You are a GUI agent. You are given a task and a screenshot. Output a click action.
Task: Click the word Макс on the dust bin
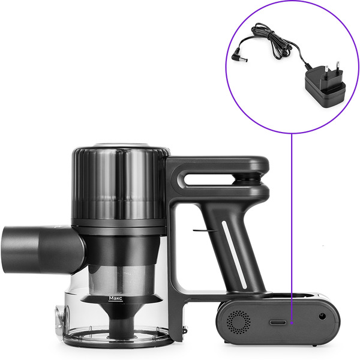tap(115, 298)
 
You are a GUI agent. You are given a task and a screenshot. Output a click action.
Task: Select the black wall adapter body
tap(325, 86)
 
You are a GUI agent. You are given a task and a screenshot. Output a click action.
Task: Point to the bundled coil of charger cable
tap(272, 41)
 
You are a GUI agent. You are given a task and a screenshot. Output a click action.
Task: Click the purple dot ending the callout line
tap(292, 323)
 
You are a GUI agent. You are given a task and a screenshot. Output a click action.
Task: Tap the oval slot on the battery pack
tap(278, 322)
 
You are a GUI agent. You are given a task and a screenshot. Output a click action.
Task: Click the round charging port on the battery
tap(322, 317)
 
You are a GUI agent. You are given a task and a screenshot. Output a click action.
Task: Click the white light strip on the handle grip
tap(234, 254)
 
